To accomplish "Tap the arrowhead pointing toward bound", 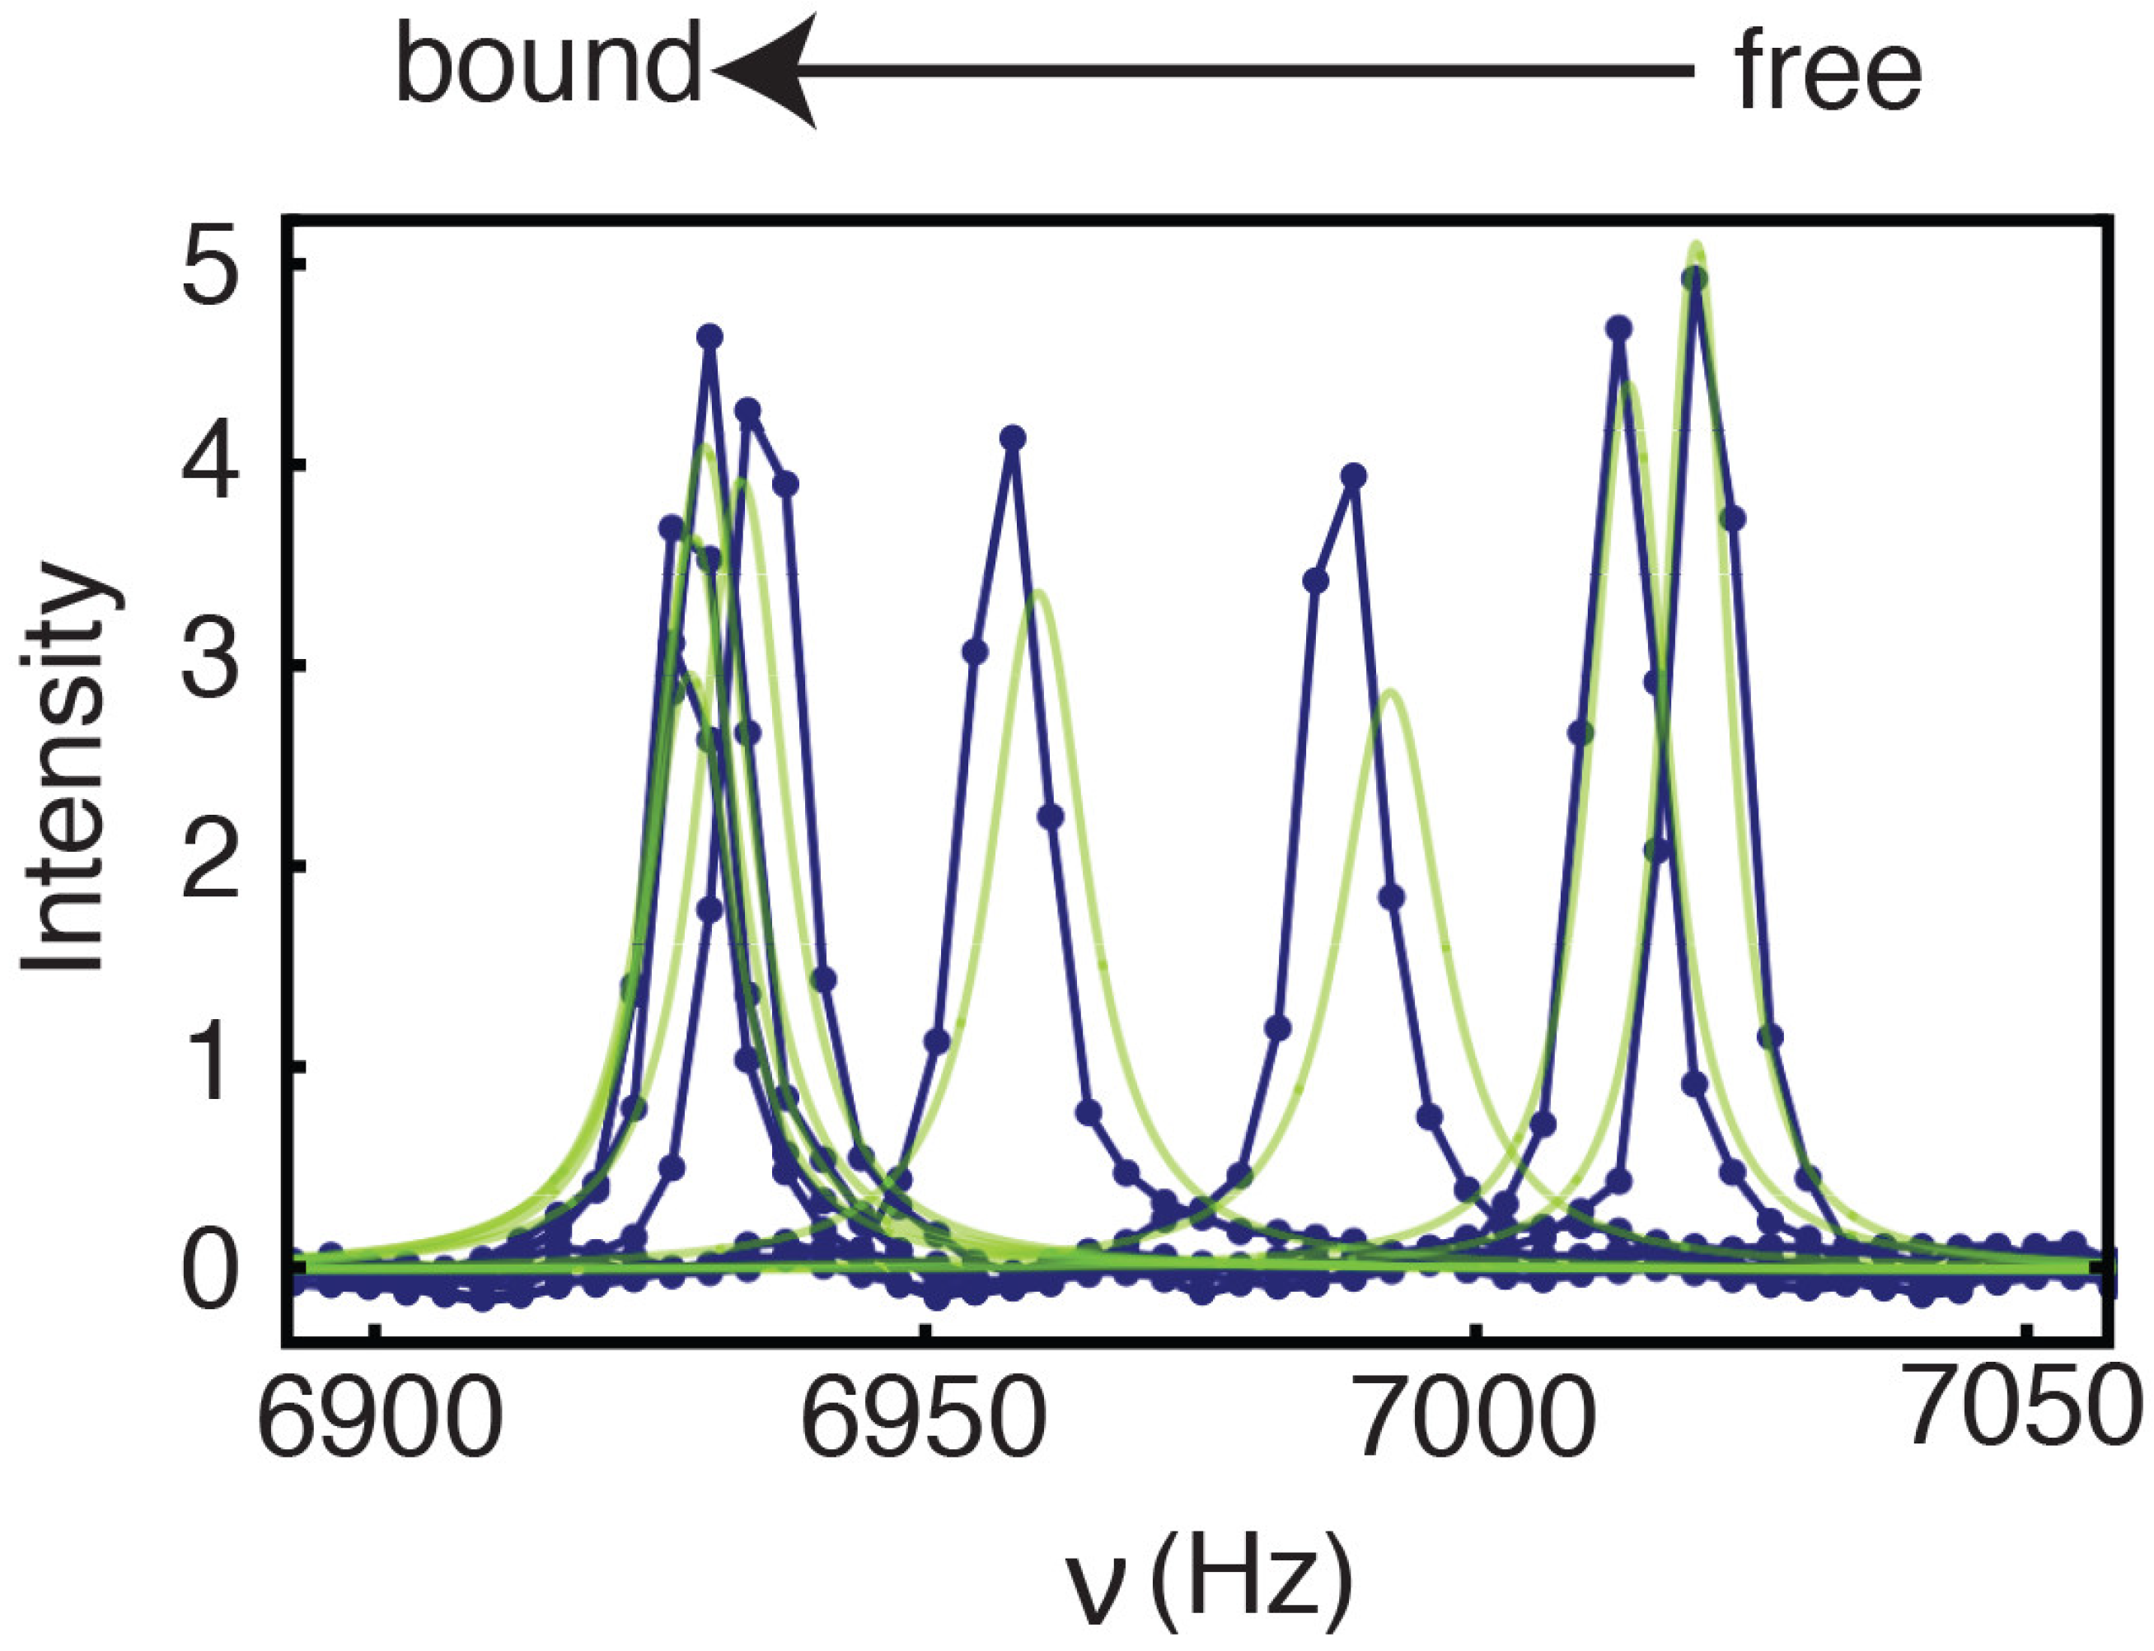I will pyautogui.click(x=766, y=70).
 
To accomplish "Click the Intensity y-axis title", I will pyautogui.click(x=65, y=766).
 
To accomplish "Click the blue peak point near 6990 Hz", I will pyautogui.click(x=1354, y=477).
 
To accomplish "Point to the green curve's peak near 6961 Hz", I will pyautogui.click(x=1037, y=592).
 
